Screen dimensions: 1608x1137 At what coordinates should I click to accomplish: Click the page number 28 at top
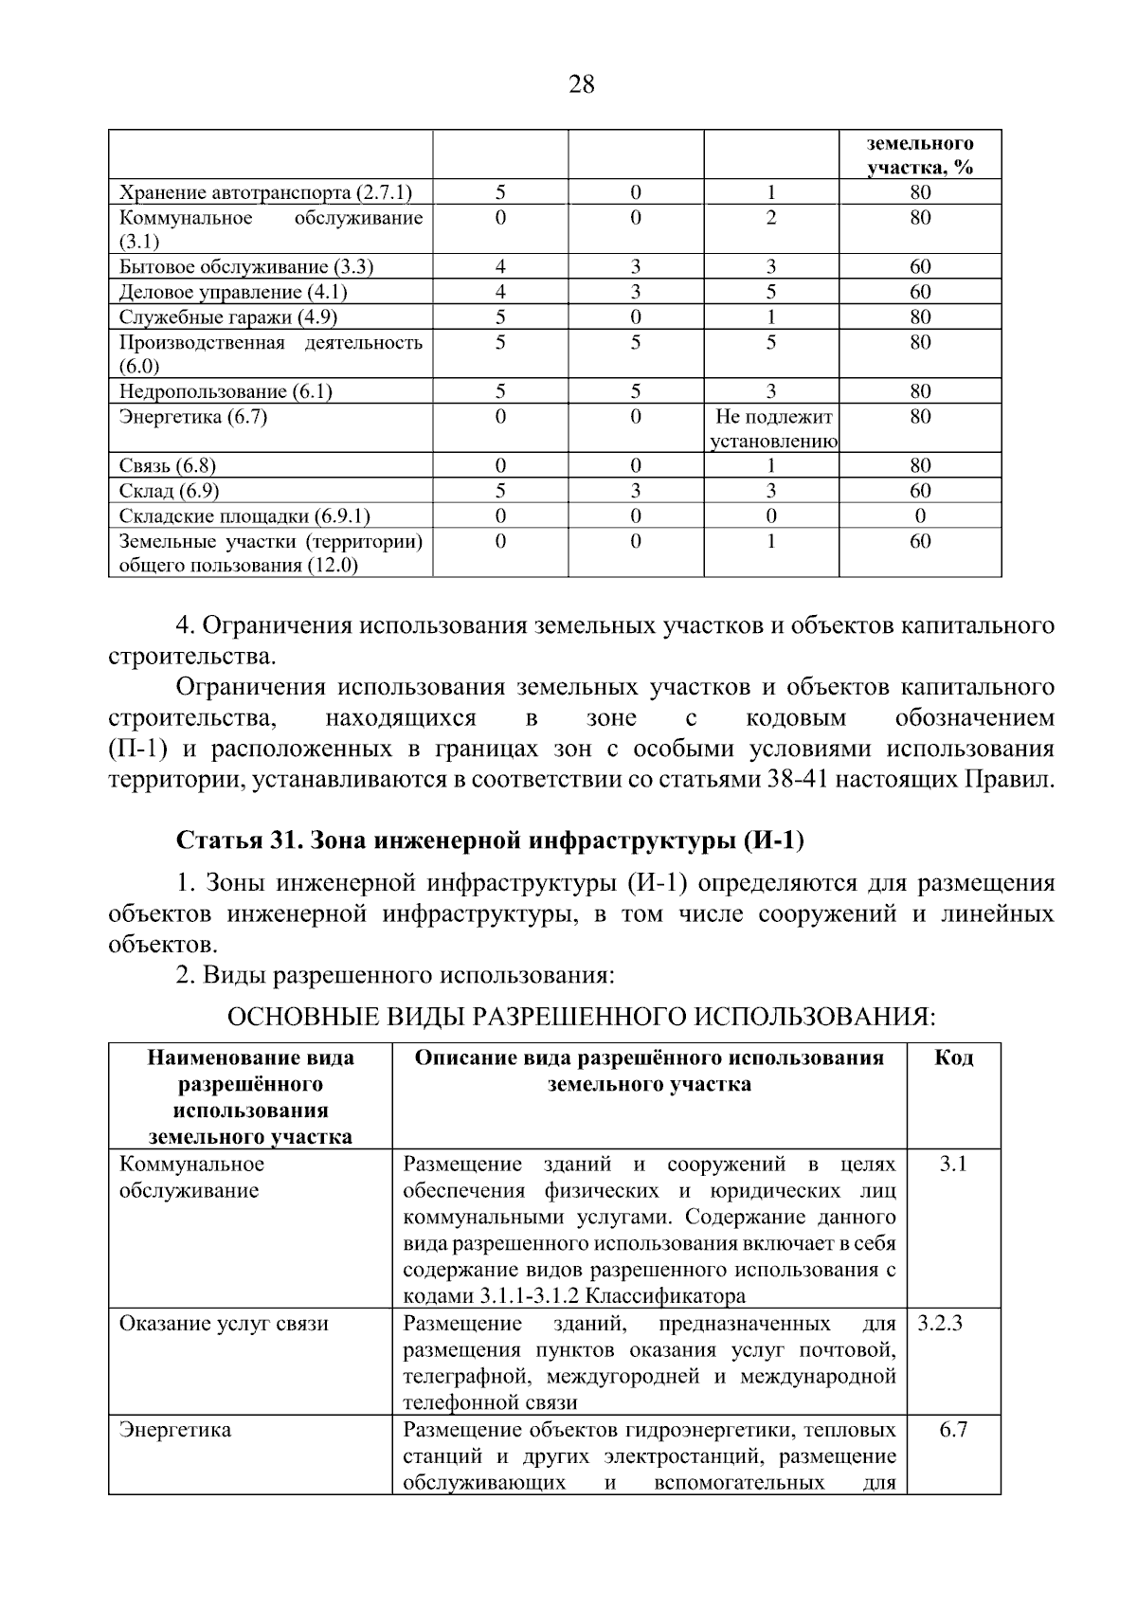582,85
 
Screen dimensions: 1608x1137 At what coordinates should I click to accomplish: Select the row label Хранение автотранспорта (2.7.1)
265,193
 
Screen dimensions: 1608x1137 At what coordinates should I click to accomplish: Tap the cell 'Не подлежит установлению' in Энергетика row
772,428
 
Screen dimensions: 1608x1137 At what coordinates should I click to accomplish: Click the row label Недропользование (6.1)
226,391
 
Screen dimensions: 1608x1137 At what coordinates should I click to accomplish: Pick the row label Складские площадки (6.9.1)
244,516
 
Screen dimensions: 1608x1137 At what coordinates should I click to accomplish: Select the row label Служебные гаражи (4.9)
227,317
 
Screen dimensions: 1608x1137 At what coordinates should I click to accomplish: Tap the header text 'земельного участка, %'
920,155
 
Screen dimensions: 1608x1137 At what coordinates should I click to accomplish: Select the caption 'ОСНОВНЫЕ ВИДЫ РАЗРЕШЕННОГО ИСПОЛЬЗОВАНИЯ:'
581,1018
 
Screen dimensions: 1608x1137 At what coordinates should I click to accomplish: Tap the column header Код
953,1058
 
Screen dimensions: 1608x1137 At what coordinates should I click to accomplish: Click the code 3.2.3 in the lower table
940,1324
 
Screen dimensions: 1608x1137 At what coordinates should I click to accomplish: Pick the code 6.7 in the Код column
953,1430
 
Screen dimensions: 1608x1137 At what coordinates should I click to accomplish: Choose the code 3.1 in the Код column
953,1165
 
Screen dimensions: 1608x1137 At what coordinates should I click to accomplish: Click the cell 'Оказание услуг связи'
224,1324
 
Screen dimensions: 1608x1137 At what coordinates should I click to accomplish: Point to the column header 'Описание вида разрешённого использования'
649,1058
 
